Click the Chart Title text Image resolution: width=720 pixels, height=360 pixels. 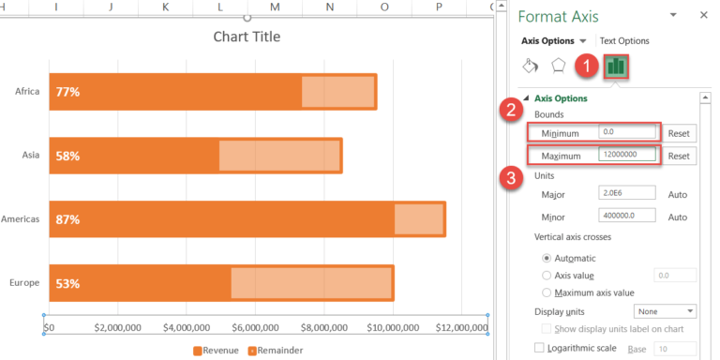247,37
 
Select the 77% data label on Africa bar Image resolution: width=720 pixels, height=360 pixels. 67,92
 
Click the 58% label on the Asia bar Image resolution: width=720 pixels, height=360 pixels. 67,156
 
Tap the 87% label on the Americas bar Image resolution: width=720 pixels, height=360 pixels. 67,219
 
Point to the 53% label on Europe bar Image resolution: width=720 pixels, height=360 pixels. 67,283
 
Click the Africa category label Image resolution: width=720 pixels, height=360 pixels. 26,92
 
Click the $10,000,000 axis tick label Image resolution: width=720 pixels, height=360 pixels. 392,329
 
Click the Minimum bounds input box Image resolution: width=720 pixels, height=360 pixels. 628,133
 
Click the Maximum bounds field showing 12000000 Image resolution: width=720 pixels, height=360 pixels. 628,156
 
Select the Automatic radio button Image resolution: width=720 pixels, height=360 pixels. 547,258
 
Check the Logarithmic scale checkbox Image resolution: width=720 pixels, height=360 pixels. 539,348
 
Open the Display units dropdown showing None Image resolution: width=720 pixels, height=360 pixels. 665,311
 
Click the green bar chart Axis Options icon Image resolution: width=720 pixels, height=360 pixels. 616,67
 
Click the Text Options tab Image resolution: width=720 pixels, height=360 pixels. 624,41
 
